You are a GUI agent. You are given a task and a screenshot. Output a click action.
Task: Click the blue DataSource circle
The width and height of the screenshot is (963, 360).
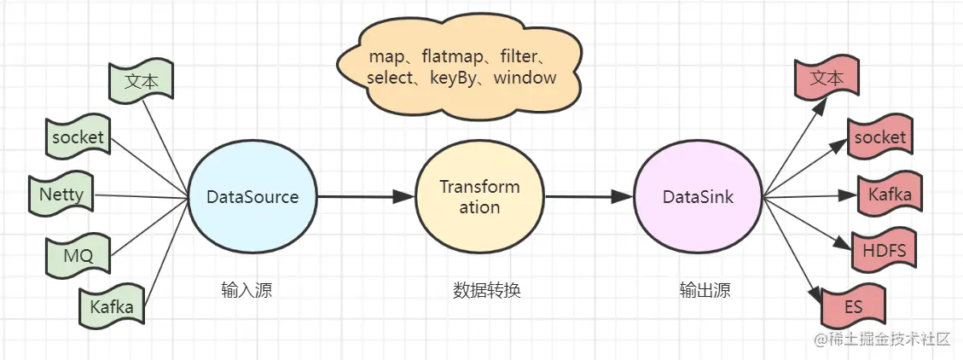click(252, 197)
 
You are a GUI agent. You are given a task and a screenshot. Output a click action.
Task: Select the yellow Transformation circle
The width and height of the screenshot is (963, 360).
click(479, 197)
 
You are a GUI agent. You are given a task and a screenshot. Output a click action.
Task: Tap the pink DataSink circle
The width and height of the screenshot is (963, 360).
click(699, 197)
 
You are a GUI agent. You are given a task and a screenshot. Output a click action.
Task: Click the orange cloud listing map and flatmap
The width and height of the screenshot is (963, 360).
click(461, 67)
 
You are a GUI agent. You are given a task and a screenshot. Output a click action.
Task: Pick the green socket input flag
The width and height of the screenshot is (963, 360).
click(78, 137)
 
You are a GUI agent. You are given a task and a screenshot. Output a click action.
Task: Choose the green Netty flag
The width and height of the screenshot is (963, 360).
click(61, 195)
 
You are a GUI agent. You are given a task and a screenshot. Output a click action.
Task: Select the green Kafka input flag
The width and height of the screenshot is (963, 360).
click(112, 306)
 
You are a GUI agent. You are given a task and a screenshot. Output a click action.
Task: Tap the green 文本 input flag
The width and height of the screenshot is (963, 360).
click(142, 81)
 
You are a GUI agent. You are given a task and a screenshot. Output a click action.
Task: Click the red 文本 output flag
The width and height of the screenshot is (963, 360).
click(826, 78)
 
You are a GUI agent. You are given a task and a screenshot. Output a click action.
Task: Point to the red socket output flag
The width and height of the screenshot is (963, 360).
click(879, 137)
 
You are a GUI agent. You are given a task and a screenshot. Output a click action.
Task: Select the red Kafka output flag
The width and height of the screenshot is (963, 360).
click(890, 195)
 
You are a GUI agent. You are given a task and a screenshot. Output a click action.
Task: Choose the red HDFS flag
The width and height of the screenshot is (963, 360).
click(884, 251)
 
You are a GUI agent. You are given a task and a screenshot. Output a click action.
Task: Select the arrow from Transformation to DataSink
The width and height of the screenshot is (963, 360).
click(588, 197)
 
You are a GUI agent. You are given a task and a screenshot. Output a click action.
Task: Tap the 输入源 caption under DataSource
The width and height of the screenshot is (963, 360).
click(247, 290)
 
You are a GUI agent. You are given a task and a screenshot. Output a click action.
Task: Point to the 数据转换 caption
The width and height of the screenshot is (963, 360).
click(486, 290)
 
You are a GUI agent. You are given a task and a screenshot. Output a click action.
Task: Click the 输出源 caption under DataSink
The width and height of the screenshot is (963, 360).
click(705, 290)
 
